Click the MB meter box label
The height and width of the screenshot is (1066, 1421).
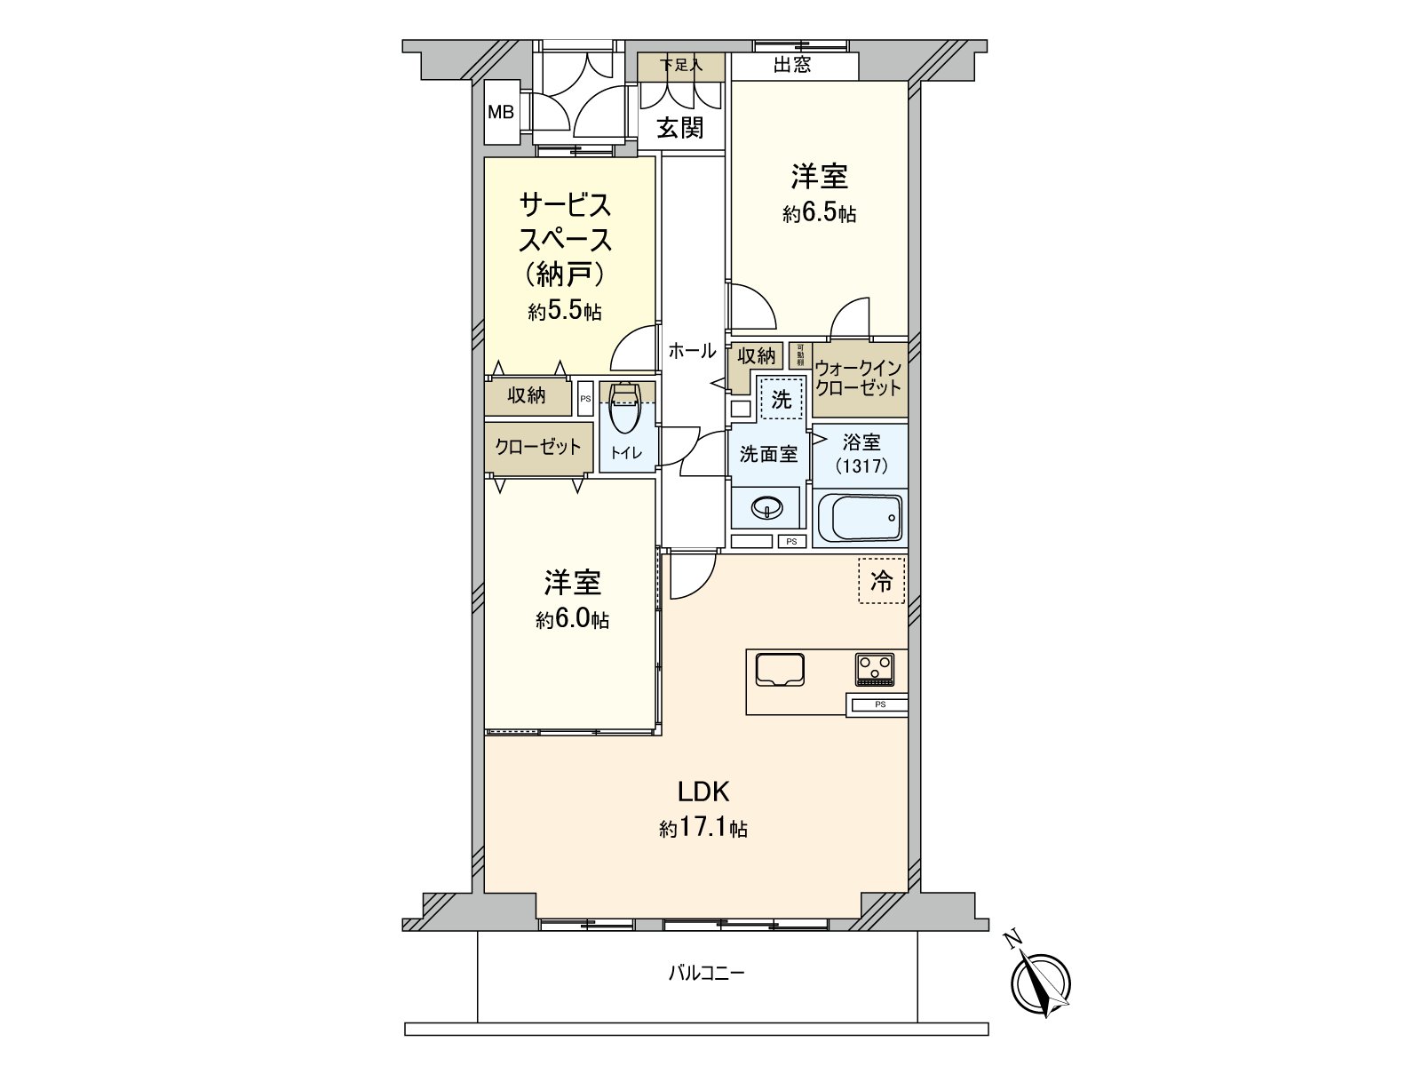click(x=501, y=113)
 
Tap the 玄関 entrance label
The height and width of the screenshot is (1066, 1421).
click(x=680, y=129)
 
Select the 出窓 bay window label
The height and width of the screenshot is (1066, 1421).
click(x=791, y=66)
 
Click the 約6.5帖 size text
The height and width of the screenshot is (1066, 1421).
click(x=819, y=214)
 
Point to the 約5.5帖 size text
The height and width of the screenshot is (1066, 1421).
click(x=564, y=312)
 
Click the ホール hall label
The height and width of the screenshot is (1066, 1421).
click(x=692, y=351)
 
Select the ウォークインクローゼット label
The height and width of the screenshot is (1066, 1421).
click(x=858, y=378)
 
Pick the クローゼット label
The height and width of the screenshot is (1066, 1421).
click(x=538, y=447)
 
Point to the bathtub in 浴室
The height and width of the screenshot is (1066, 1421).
click(x=859, y=517)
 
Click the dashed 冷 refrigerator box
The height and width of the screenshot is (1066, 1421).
click(x=881, y=581)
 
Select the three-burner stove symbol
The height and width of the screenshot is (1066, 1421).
click(x=877, y=669)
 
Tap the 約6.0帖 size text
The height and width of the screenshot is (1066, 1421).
click(x=572, y=620)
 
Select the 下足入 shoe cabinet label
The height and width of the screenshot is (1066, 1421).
click(x=681, y=65)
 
